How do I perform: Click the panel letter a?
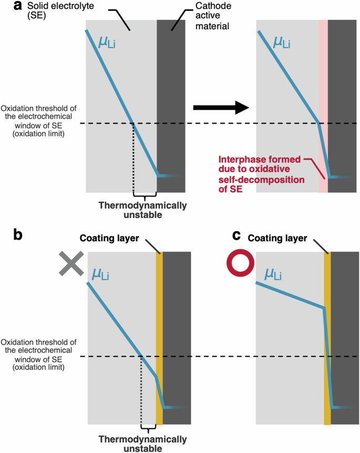click(x=6, y=7)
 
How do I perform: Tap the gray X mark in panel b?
click(x=72, y=263)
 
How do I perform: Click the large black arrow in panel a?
click(x=220, y=108)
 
